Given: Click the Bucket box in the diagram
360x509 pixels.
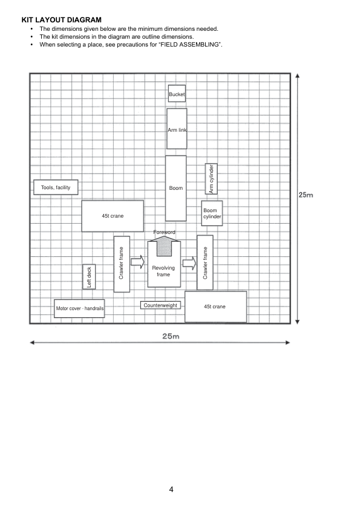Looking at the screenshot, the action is tap(177, 94).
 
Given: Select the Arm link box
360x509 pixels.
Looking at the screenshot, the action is tap(177, 129).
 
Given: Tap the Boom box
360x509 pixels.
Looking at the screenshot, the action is tap(176, 188).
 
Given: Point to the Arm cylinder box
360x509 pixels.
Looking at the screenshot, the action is tap(211, 179).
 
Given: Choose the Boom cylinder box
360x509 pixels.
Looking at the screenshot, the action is tap(212, 213).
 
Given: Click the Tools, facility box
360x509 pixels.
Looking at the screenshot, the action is tap(56, 187).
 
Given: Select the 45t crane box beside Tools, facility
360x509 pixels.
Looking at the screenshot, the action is tap(113, 216).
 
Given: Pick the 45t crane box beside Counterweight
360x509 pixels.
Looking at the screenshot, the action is tap(216, 306).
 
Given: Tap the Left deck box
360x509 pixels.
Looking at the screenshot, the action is tap(89, 277).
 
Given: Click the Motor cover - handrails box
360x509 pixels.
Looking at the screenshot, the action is tap(79, 308).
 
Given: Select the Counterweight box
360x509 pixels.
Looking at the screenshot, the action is tap(160, 305).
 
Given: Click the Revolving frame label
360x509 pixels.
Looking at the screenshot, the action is tap(163, 271).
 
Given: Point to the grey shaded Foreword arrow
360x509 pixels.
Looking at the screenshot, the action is tap(164, 246).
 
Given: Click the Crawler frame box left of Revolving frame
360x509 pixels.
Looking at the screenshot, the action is tap(122, 264).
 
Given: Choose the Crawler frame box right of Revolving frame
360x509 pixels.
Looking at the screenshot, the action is tap(205, 262).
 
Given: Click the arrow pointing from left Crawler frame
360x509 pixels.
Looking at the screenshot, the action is tap(137, 262).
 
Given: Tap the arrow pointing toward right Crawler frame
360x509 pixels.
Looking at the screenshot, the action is tap(189, 263).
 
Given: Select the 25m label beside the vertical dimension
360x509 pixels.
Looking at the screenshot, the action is tap(306, 195).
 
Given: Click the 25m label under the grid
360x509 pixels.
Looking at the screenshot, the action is tap(171, 336).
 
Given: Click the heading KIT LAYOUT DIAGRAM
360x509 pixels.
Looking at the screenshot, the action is tap(61, 20).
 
